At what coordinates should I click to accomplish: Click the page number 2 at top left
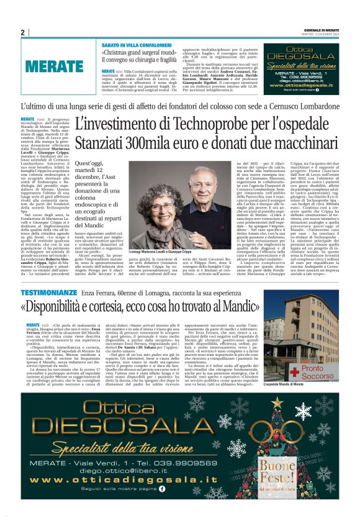click(x=23, y=32)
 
